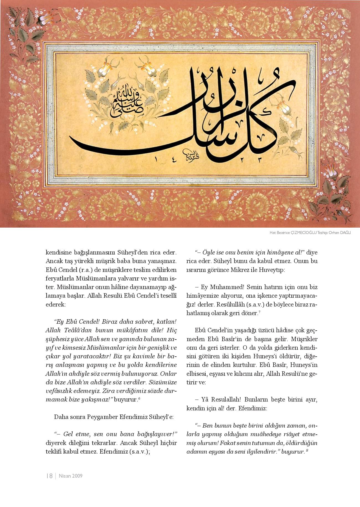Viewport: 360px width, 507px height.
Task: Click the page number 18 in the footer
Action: point(50,476)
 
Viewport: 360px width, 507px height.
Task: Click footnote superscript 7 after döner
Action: point(259,313)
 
